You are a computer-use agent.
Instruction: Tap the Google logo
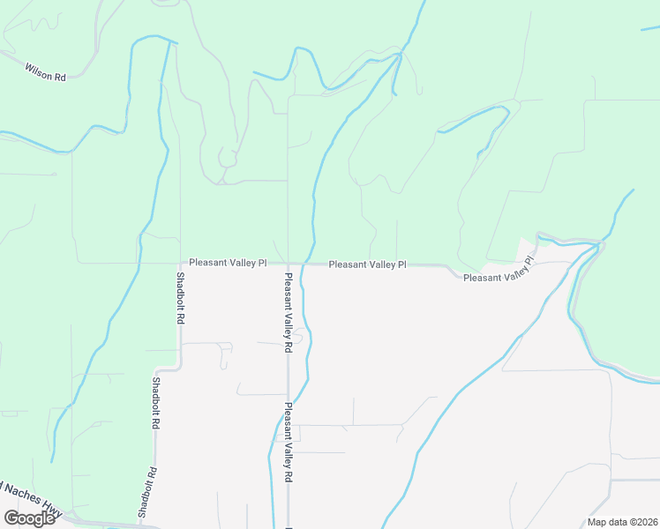(29, 518)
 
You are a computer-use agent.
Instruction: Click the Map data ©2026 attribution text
(622, 522)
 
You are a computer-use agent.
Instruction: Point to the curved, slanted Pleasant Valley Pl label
(499, 272)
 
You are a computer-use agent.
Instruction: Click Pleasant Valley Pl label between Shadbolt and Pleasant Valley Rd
(228, 263)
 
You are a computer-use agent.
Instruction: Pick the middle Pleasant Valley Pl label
(368, 264)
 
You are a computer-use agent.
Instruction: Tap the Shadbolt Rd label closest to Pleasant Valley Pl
(179, 298)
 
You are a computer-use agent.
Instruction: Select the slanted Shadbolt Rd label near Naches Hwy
(146, 492)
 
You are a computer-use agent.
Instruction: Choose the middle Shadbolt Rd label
(156, 403)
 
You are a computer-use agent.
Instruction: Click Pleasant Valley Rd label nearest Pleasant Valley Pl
(288, 312)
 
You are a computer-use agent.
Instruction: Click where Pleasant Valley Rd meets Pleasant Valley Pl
(288, 263)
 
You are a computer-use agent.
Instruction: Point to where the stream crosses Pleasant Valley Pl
(306, 263)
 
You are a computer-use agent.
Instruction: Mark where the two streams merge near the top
(400, 56)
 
